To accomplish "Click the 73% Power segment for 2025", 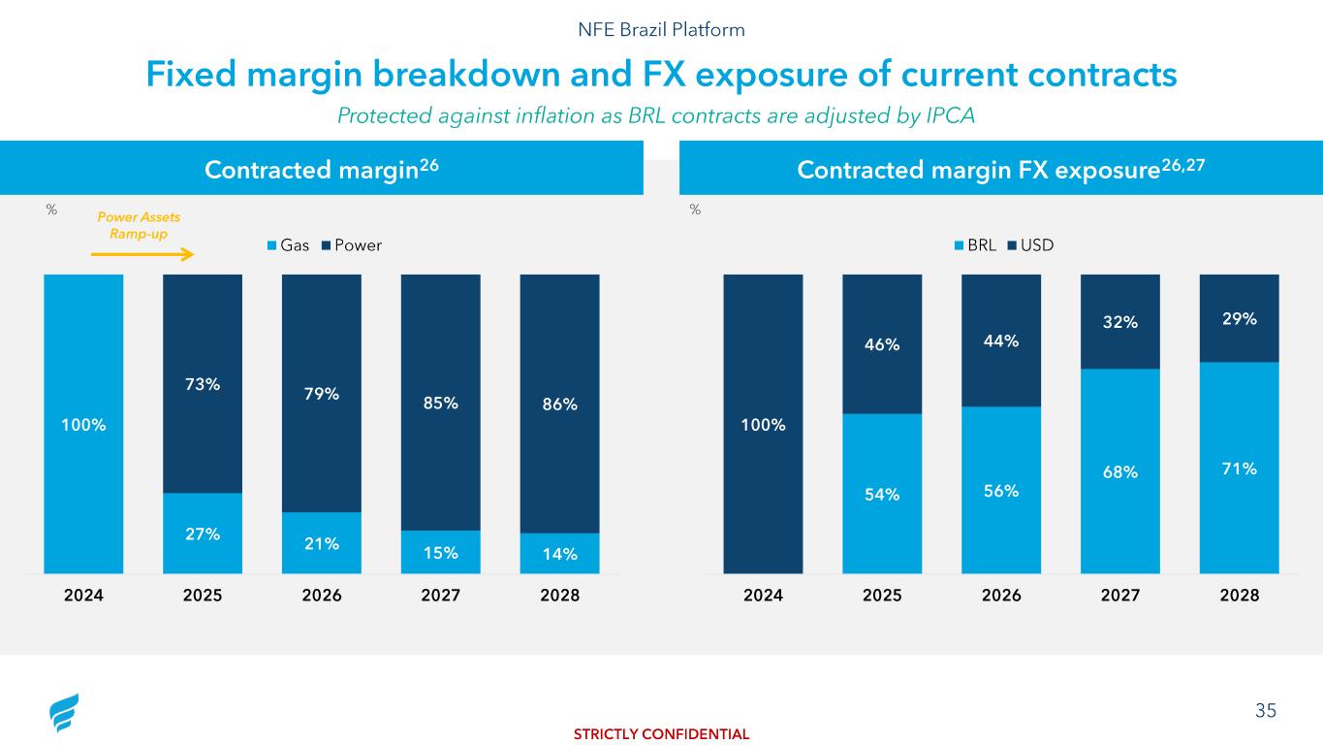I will [x=203, y=384].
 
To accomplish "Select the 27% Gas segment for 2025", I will [x=203, y=533].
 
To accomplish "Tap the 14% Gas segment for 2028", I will [x=559, y=554].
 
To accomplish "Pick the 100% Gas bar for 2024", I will [x=83, y=424].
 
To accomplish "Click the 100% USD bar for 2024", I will [x=763, y=424].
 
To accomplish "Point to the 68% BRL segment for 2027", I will [x=1119, y=471].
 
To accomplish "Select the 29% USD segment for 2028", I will [x=1239, y=318].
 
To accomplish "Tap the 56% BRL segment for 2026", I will [x=1001, y=490].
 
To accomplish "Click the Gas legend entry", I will [x=288, y=245].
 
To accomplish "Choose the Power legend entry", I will [x=351, y=245].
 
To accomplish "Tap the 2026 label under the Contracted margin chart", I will [x=322, y=597].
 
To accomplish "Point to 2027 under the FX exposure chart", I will [x=1119, y=597].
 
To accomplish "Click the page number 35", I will [x=1266, y=711].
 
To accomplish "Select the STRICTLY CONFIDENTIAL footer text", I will [x=661, y=734].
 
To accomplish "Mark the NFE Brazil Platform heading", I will [x=661, y=30].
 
